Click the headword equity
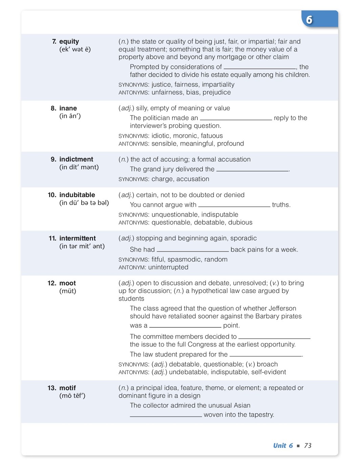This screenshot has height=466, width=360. (x=69, y=41)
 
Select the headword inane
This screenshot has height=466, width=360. (x=68, y=108)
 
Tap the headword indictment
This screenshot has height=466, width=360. (x=76, y=159)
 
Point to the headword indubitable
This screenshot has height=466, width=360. (x=77, y=195)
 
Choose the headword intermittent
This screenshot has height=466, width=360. (x=78, y=238)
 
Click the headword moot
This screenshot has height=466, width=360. (x=68, y=283)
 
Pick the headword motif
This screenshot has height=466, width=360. (x=68, y=388)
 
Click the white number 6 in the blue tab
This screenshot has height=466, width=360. (x=309, y=20)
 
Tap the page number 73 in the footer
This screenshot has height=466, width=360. (x=308, y=445)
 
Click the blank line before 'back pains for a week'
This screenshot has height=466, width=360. (x=193, y=250)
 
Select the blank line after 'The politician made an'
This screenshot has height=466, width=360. (x=236, y=119)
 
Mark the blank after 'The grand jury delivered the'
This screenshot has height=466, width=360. (x=252, y=170)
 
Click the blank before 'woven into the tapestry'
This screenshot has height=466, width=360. (x=166, y=415)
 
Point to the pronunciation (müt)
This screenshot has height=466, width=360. (x=68, y=291)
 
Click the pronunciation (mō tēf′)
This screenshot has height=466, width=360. (x=72, y=396)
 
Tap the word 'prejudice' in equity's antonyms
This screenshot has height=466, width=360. (x=217, y=92)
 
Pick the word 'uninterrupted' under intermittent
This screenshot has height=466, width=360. (x=168, y=267)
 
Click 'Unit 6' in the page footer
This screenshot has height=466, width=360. (x=283, y=445)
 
